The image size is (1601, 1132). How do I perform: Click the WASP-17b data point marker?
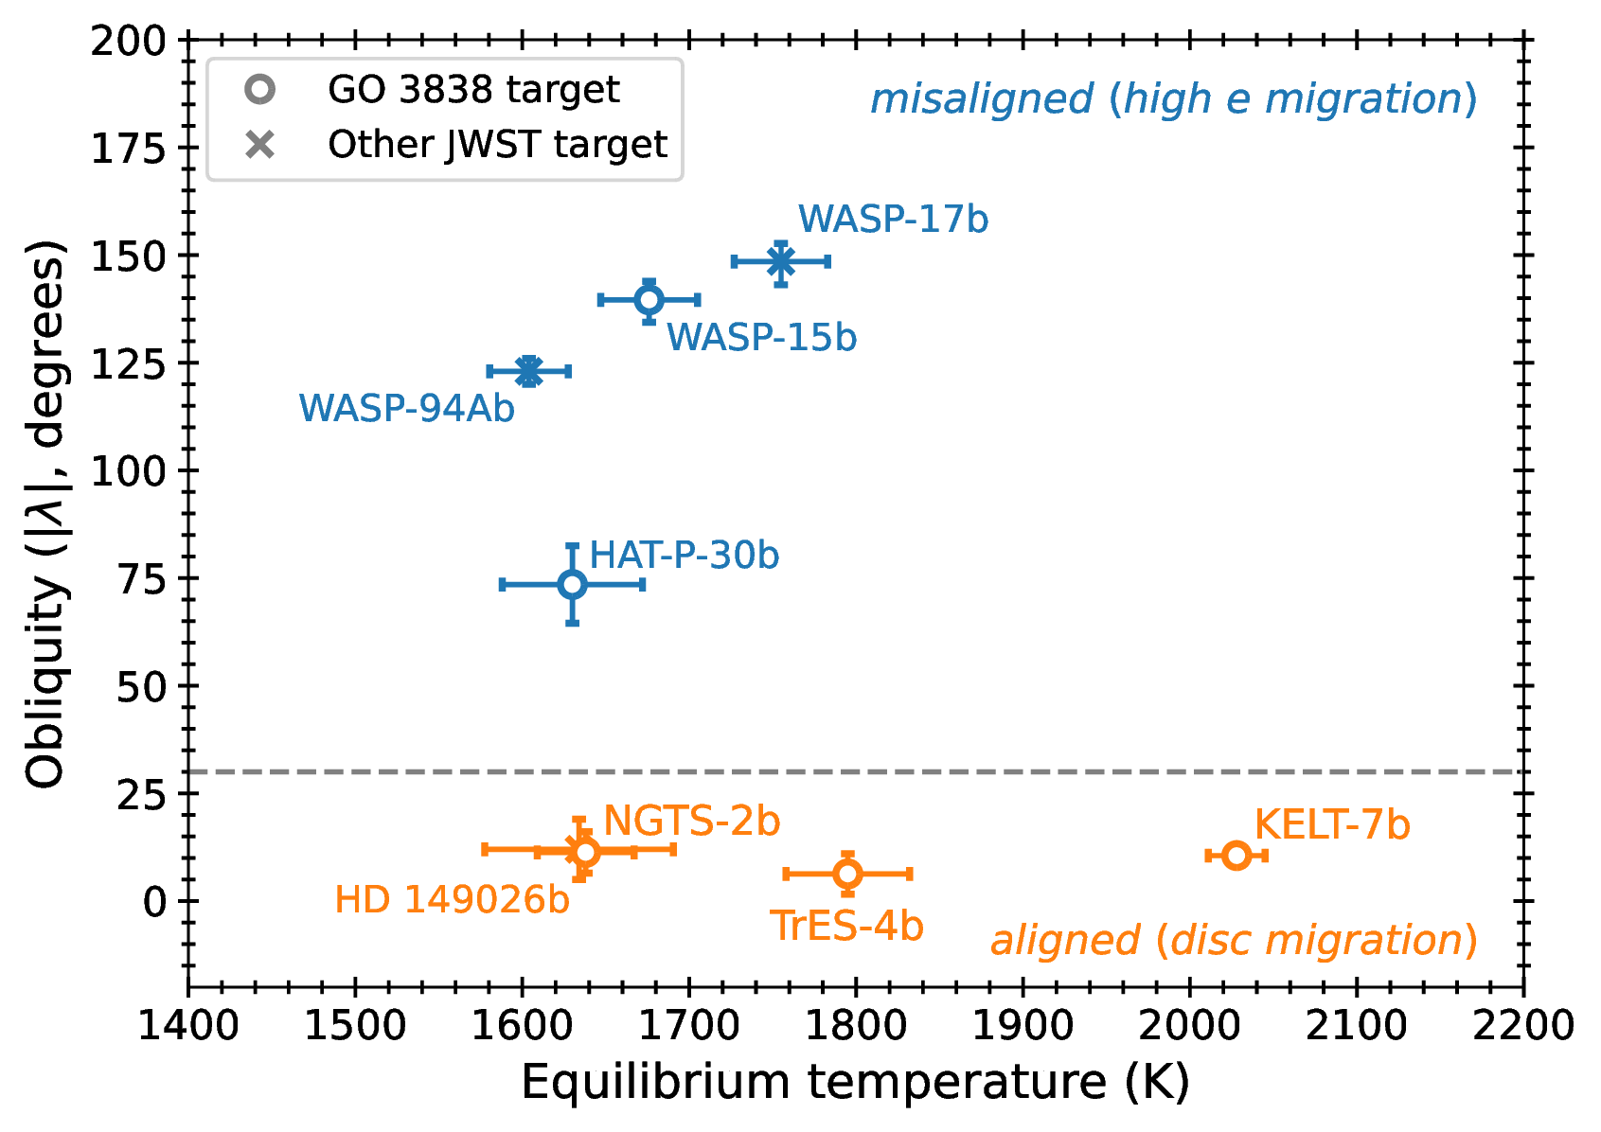pyautogui.click(x=780, y=261)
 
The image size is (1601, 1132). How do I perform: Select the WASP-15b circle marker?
pyautogui.click(x=649, y=300)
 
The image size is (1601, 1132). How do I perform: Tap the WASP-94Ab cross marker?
pyautogui.click(x=528, y=371)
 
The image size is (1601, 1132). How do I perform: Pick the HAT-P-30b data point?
pyautogui.click(x=572, y=585)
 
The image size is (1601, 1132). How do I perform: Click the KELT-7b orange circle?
pyautogui.click(x=1236, y=856)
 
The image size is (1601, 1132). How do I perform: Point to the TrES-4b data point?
pyautogui.click(x=848, y=874)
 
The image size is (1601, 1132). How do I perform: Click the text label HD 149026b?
pyautogui.click(x=452, y=900)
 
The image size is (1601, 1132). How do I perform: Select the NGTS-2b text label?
pyautogui.click(x=691, y=822)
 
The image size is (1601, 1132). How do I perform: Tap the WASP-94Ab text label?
pyautogui.click(x=406, y=408)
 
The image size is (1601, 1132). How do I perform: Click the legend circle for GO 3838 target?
pyautogui.click(x=259, y=90)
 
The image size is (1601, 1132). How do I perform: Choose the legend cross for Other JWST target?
pyautogui.click(x=259, y=145)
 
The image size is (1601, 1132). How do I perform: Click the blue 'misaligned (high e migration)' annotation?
pyautogui.click(x=1173, y=99)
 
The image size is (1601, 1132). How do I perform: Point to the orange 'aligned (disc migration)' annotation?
pyautogui.click(x=1234, y=941)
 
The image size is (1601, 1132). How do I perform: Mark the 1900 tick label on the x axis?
pyautogui.click(x=1023, y=1026)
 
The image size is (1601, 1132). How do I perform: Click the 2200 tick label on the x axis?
pyautogui.click(x=1523, y=1026)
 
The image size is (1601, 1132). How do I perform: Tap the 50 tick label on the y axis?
pyautogui.click(x=141, y=687)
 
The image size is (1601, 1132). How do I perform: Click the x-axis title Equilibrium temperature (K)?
pyautogui.click(x=855, y=1082)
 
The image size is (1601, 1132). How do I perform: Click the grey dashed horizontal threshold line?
pyautogui.click(x=947, y=772)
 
